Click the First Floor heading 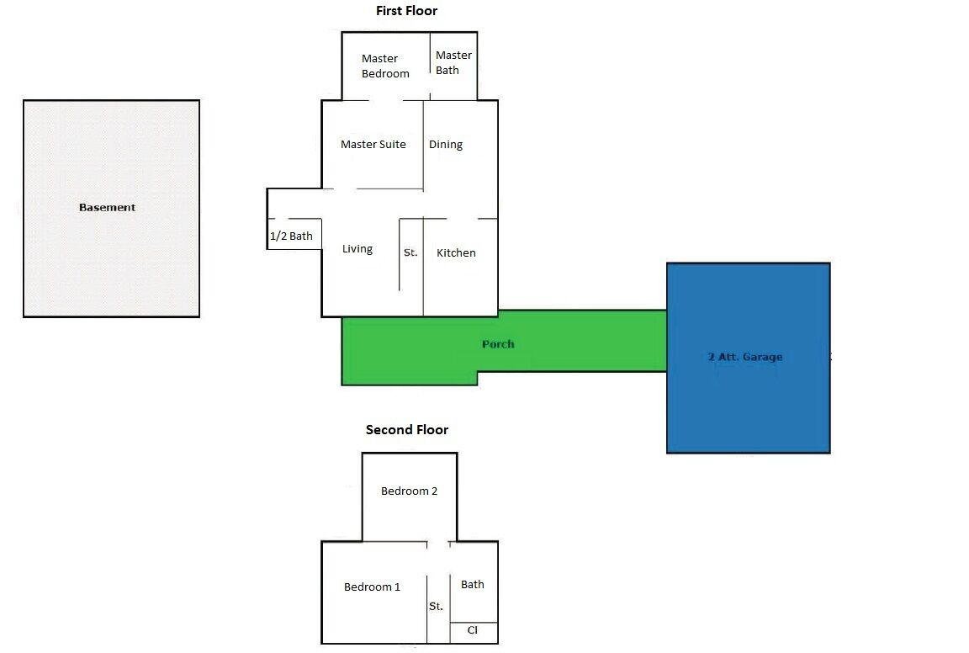[x=406, y=11]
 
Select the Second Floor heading [x=407, y=429]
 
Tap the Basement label [x=107, y=207]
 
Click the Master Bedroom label [x=385, y=66]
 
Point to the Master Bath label [x=453, y=62]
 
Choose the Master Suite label [x=373, y=144]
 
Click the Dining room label [x=446, y=144]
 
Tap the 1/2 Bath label [x=291, y=236]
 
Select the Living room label [x=357, y=248]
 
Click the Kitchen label [x=456, y=252]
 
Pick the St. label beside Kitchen [x=410, y=252]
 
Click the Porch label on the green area [x=498, y=343]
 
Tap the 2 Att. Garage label [x=745, y=357]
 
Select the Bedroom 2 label [x=409, y=491]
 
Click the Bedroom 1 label [x=372, y=587]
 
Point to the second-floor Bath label [x=473, y=584]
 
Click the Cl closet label [x=473, y=630]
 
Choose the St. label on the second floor [x=436, y=606]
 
